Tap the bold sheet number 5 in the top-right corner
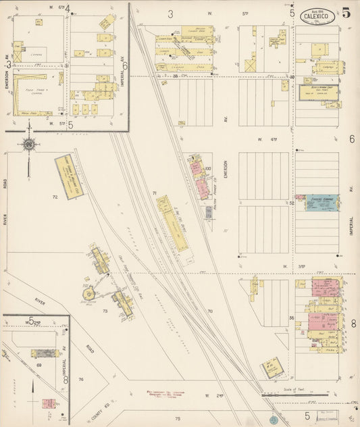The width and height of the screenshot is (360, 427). (346, 12)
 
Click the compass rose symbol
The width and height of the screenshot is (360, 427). (29, 144)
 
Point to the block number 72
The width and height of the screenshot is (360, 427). (55, 197)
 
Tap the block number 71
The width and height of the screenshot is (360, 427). (155, 194)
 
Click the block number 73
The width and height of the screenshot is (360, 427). (105, 311)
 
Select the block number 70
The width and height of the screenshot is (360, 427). (210, 311)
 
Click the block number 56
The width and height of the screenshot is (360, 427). (292, 318)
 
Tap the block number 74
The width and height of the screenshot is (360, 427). (80, 379)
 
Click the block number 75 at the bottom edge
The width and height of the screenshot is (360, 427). (178, 419)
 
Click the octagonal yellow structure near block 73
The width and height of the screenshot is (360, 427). (87, 295)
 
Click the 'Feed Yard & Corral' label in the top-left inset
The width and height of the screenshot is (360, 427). (28, 91)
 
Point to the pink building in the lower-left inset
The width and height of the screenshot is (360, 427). (49, 404)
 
